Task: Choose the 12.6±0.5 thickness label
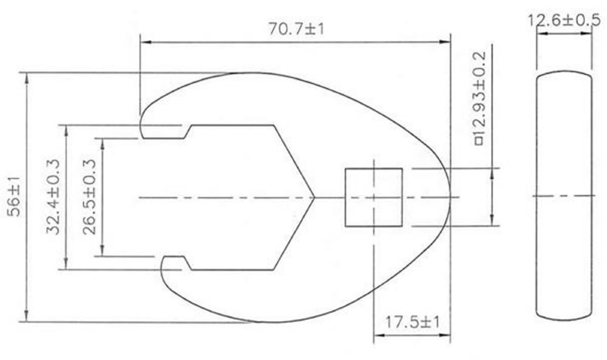coord(564,19)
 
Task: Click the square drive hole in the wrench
coord(374,197)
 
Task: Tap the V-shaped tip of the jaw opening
coord(314,197)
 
